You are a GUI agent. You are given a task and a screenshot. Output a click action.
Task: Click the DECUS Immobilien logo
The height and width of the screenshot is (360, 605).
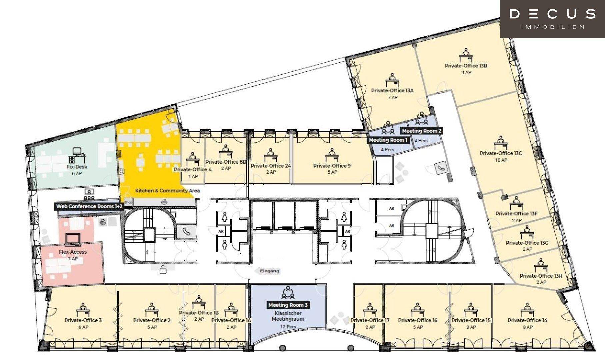point(552,19)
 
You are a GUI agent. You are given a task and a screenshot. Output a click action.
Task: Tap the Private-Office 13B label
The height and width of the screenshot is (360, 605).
point(466,66)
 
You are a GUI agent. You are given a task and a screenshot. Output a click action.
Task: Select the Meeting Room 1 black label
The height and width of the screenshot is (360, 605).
point(388,140)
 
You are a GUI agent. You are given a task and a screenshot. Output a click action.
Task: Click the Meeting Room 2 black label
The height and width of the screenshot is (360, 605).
point(422,131)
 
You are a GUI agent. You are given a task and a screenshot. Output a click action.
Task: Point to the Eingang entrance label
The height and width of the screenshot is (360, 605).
point(269,271)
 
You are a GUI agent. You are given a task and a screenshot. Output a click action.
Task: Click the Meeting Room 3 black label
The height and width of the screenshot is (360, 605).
point(288,305)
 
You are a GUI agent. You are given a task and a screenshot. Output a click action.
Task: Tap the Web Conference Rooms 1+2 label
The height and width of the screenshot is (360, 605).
point(89,206)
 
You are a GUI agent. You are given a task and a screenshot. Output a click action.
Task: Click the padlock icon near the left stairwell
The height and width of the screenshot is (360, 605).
point(163,269)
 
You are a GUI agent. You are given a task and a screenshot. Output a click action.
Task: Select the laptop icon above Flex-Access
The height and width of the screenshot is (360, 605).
point(73,239)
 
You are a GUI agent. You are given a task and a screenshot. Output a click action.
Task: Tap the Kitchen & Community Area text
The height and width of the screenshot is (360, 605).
point(167,191)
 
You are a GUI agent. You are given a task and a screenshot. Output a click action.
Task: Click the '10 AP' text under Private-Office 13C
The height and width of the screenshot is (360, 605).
point(501,160)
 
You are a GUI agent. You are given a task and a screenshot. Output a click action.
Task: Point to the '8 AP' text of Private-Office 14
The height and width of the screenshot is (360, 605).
point(527,327)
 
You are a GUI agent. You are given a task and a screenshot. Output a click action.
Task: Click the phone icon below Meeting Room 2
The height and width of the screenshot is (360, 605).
point(442,168)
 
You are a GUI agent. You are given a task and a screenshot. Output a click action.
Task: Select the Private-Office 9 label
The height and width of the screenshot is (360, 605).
point(332,166)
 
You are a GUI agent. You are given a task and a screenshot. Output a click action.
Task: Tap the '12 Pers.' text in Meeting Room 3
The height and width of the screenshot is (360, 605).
point(288,327)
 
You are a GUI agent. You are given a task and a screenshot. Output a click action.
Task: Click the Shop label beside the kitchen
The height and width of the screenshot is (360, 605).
point(128,202)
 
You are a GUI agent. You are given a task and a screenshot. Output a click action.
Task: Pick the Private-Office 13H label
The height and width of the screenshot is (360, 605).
point(541,276)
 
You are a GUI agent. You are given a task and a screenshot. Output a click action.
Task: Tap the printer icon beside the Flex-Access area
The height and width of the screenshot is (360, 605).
point(103,222)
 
